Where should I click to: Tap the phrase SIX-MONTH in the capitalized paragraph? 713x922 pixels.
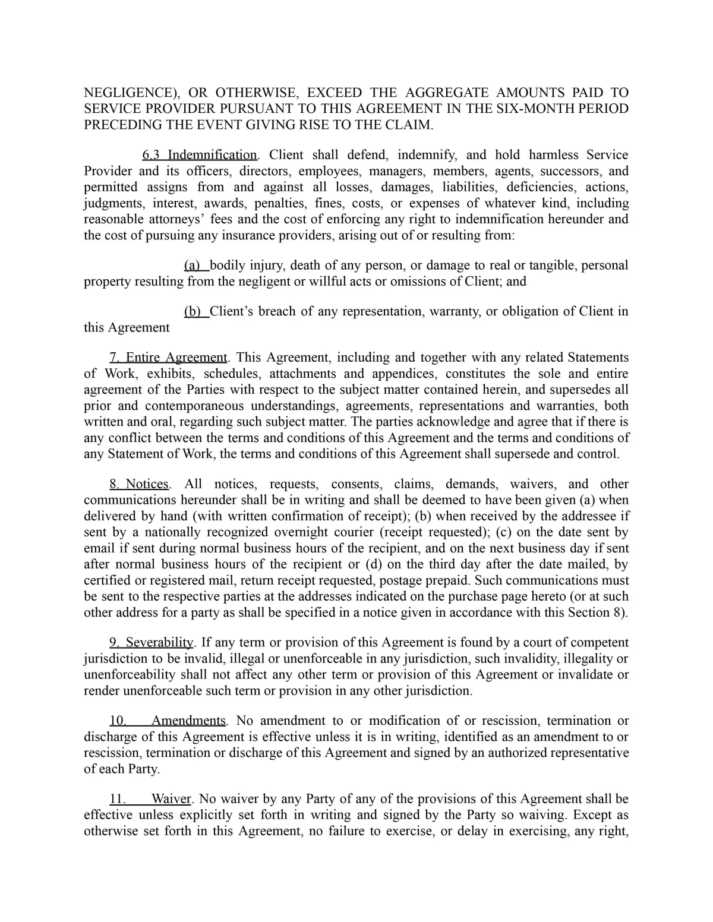(532, 109)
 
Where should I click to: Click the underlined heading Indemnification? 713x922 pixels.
(212, 155)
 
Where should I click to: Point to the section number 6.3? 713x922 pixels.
(152, 155)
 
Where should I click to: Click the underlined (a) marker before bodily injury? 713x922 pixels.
(192, 265)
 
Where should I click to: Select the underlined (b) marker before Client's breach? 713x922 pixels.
(192, 311)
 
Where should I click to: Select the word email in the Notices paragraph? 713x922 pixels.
(99, 548)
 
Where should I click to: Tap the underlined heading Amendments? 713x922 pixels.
(188, 721)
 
